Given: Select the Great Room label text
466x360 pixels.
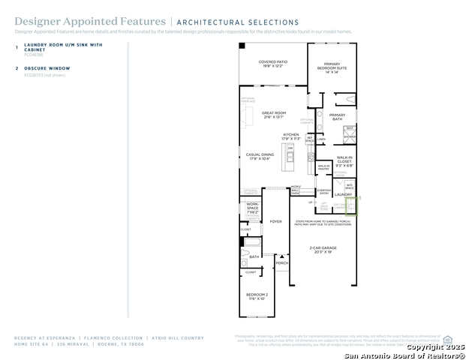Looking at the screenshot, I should (273, 115).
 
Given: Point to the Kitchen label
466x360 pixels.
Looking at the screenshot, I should (290, 136).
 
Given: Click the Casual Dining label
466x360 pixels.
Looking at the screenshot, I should (259, 156).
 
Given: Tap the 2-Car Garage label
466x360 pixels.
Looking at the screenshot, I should (323, 249).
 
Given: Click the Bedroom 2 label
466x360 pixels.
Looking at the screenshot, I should (257, 297).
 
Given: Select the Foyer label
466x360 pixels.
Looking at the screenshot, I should (276, 221).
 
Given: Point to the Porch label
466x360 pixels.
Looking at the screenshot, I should (282, 263).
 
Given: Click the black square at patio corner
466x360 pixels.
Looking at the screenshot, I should (242, 46).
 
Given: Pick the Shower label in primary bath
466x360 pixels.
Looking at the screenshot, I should (350, 137).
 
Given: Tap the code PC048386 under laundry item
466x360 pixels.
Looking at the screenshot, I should (34, 55).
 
